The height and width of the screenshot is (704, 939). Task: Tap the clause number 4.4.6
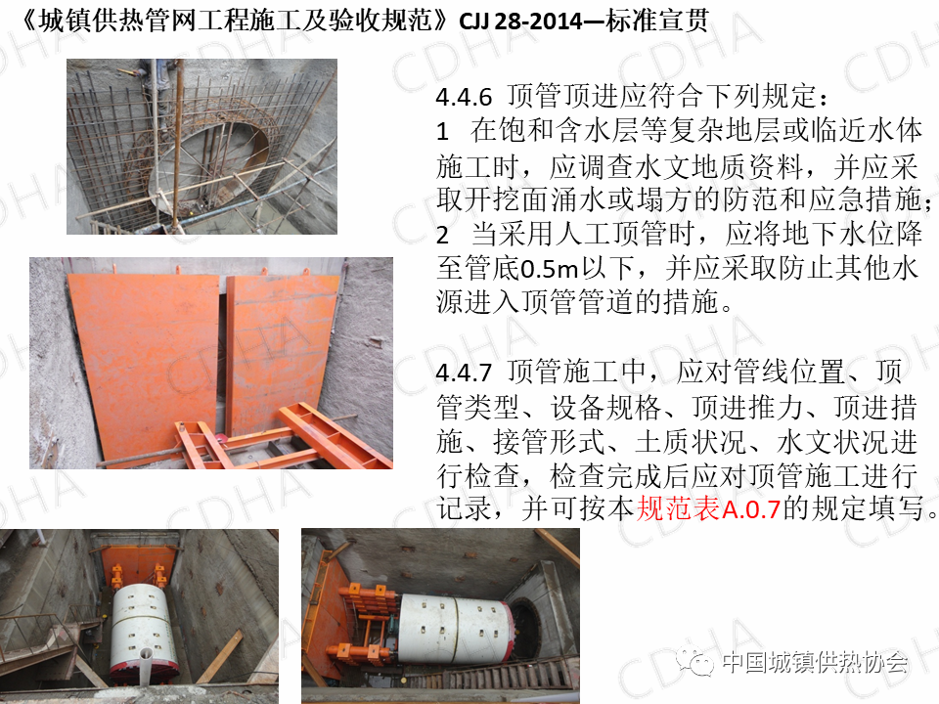464,97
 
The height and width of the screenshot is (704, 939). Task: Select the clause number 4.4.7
464,373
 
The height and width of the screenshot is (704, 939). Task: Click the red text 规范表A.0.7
708,508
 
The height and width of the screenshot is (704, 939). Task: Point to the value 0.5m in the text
549,269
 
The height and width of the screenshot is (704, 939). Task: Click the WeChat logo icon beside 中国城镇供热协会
695,662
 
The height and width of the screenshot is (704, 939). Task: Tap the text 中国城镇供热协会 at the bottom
815,662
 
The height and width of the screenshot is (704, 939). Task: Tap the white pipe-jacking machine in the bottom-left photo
144,634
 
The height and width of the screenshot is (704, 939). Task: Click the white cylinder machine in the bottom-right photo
455,629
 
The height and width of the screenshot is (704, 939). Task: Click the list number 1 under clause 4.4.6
442,131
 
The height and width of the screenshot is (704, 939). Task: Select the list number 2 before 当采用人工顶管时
442,235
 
